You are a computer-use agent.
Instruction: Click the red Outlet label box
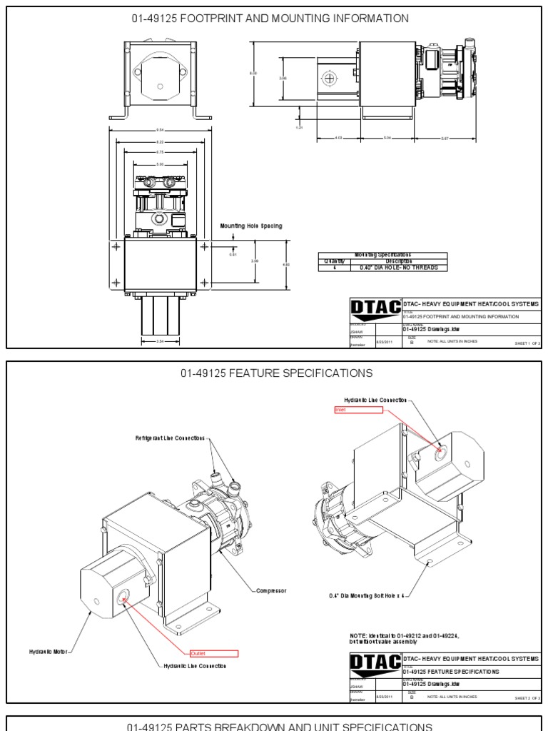tap(213, 653)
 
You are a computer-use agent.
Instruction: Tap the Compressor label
tap(271, 590)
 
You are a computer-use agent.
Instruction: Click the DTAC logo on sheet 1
tap(375, 310)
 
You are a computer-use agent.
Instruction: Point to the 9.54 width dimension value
tap(160, 129)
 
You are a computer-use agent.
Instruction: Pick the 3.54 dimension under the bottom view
tap(160, 341)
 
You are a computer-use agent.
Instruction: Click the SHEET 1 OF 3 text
tap(527, 343)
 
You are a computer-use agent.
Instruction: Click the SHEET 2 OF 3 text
tap(527, 697)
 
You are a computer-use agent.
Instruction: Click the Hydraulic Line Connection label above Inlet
tap(375, 400)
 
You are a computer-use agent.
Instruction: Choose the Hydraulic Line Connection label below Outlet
tap(195, 665)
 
